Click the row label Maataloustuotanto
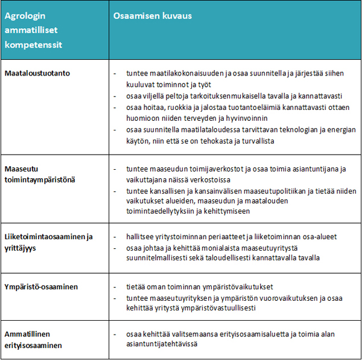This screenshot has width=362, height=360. click(37, 73)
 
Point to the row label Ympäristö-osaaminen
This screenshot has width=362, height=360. click(42, 287)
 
